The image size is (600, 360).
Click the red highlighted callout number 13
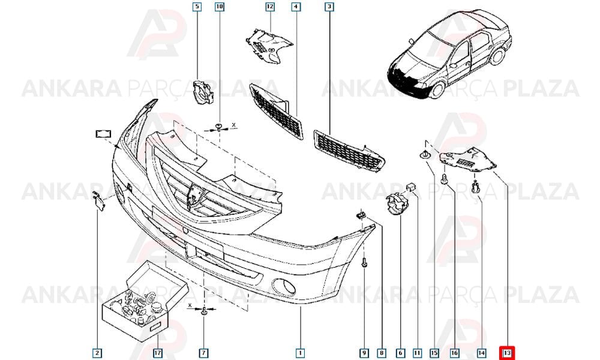(x=508, y=352)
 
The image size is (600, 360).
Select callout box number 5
(x=197, y=7)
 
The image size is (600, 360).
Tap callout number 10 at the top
(x=220, y=7)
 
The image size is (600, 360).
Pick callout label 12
(x=270, y=7)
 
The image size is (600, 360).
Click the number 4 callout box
(x=296, y=7)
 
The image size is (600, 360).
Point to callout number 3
(x=329, y=7)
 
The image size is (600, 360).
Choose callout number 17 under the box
(x=158, y=353)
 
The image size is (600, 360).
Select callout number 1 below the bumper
(x=301, y=353)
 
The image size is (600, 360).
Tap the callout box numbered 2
(x=97, y=353)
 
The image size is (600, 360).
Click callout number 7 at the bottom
(x=203, y=353)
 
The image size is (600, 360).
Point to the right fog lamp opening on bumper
(x=284, y=287)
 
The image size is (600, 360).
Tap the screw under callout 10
(x=219, y=127)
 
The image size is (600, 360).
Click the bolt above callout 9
(x=364, y=262)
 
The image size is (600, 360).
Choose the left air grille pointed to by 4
(x=276, y=111)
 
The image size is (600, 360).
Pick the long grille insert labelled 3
(x=349, y=151)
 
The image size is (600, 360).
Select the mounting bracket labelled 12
(x=269, y=46)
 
